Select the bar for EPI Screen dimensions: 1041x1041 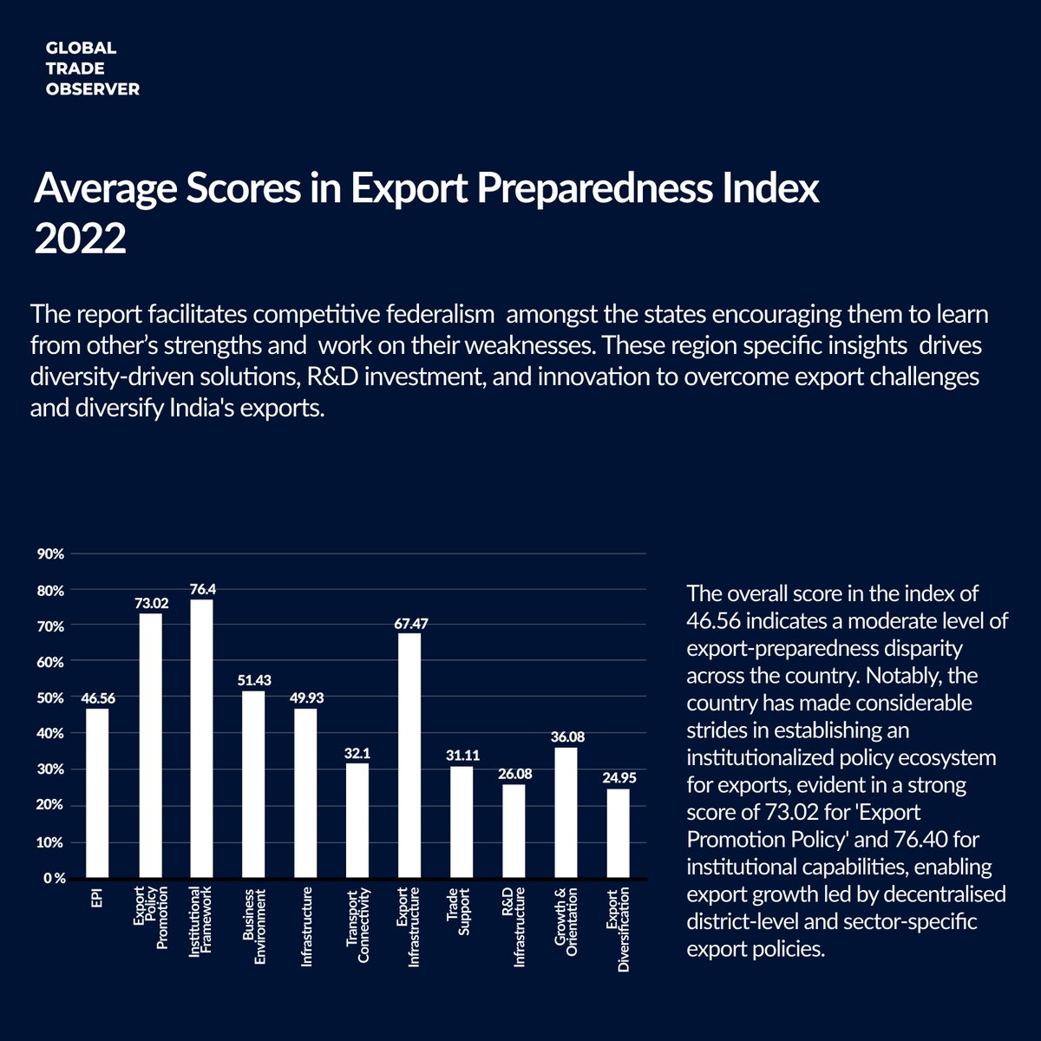[97, 793]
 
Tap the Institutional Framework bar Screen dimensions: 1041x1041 [201, 738]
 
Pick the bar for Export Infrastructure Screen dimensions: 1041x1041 [409, 755]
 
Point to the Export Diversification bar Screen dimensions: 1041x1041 [618, 833]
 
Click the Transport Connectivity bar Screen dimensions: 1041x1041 [357, 820]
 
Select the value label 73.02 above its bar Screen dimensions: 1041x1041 [150, 602]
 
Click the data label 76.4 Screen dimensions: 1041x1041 [202, 589]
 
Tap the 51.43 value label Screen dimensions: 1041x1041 [254, 680]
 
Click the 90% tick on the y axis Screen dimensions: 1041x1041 [51, 553]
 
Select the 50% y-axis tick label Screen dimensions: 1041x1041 [51, 697]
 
